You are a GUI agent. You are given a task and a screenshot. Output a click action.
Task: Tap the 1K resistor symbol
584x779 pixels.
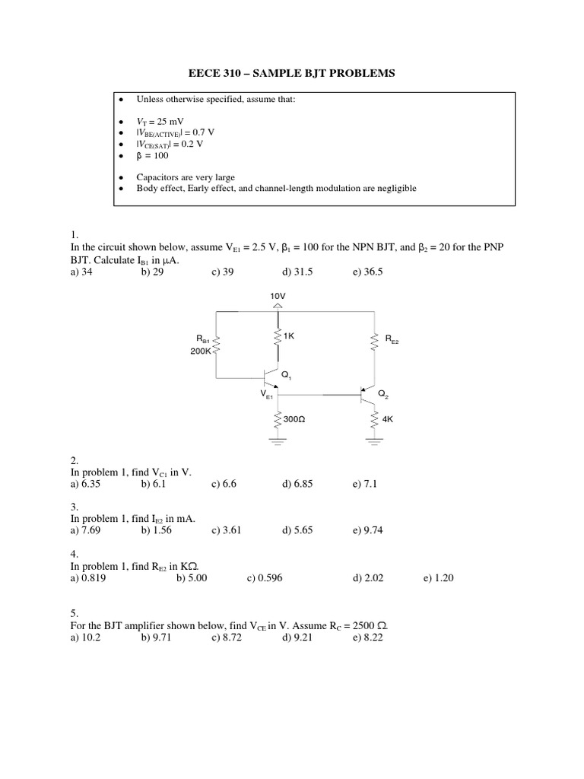277,337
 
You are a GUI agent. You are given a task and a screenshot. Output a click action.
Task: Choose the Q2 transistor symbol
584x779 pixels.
367,394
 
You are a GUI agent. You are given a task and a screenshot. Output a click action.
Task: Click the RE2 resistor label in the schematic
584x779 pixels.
391,341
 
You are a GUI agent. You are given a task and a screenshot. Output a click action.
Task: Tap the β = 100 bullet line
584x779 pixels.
152,154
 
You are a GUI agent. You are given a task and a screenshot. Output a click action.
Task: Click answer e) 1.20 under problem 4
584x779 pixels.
439,578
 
